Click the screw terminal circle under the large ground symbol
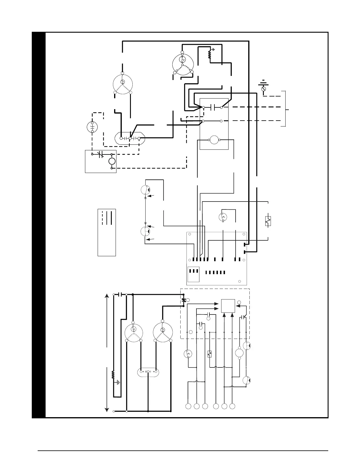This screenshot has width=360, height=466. point(264,88)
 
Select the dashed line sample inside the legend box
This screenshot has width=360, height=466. point(102,218)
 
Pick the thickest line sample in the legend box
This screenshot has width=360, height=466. point(111,218)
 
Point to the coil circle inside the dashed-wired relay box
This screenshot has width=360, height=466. point(111,161)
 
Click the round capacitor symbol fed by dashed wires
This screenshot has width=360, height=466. point(92,127)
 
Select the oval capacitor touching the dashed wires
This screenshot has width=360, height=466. point(130,138)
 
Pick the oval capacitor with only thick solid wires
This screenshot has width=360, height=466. point(148,372)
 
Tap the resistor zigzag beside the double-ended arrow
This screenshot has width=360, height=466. point(113,375)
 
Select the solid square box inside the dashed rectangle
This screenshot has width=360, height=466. point(228,306)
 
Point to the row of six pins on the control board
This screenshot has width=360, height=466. point(215,272)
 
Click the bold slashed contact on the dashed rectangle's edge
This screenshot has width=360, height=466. point(184,300)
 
